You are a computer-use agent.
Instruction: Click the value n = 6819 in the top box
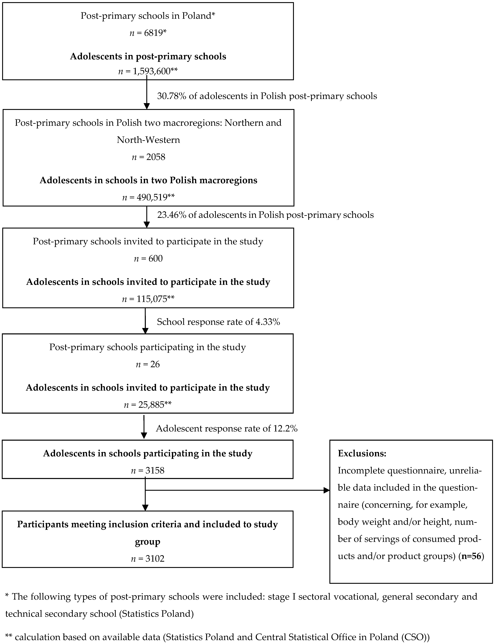click(x=148, y=33)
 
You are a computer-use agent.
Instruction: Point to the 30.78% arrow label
click(x=267, y=96)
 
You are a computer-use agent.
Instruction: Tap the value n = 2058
click(x=148, y=157)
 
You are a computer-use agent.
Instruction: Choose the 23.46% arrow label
click(x=265, y=215)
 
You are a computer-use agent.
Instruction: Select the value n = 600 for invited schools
click(x=148, y=258)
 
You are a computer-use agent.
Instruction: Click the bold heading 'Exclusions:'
click(x=362, y=453)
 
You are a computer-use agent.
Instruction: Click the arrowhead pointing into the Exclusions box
click(x=327, y=490)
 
